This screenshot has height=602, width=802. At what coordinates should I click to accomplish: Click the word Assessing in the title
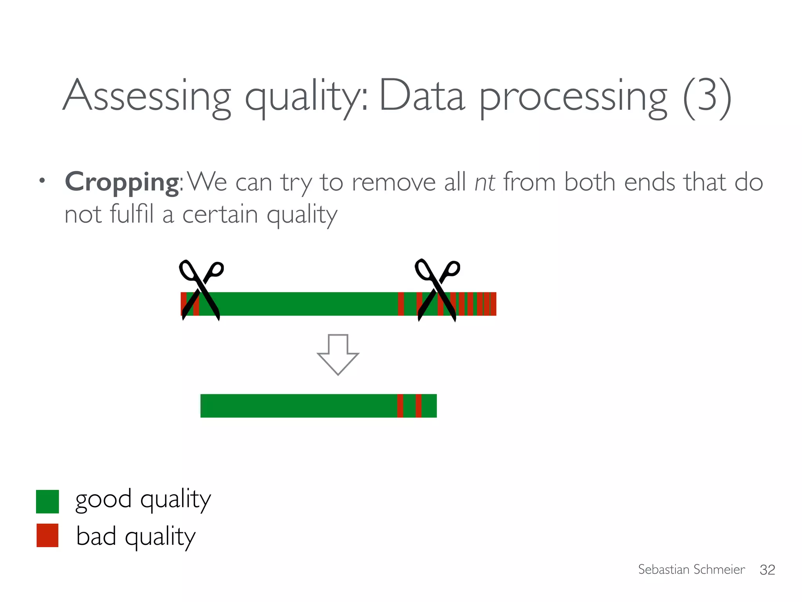point(147,96)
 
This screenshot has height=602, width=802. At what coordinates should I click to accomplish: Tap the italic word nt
point(485,182)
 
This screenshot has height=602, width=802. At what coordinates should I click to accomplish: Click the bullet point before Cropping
point(42,181)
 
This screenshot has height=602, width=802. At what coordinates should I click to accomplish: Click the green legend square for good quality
point(47,501)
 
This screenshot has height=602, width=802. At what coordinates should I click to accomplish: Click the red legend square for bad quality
point(47,535)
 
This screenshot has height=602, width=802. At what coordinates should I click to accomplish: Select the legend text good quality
point(143,500)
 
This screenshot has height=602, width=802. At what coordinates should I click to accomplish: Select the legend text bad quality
point(135,536)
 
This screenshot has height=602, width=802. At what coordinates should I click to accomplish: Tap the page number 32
point(767,570)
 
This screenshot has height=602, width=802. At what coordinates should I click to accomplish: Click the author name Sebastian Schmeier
point(691,569)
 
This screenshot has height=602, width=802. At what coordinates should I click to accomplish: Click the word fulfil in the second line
point(132,214)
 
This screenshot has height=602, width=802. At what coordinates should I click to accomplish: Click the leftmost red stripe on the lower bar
point(400,406)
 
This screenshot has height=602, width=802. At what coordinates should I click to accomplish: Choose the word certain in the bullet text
point(220,214)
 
